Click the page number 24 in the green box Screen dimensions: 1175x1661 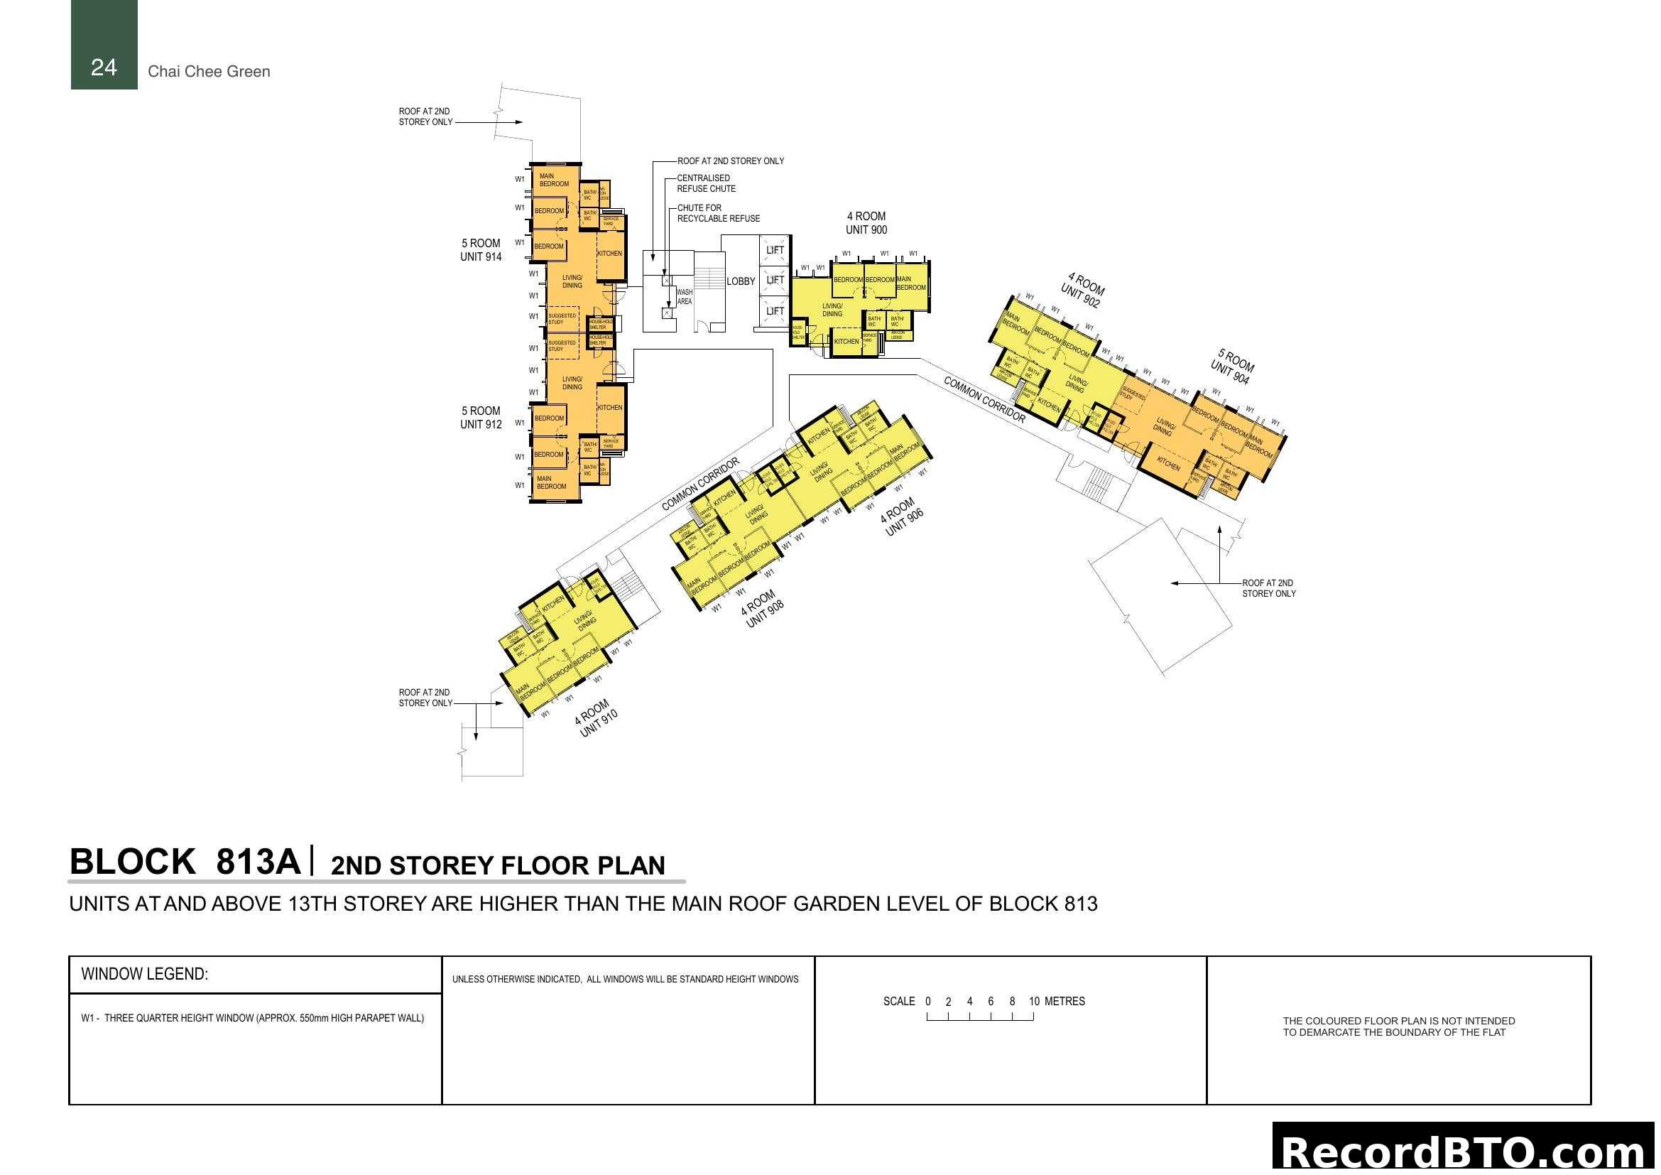point(104,67)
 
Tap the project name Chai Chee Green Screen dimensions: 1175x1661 point(208,72)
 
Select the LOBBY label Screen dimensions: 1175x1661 point(740,281)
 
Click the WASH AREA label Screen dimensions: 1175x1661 point(684,297)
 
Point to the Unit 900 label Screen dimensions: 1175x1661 point(866,223)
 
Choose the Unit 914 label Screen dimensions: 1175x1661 point(480,249)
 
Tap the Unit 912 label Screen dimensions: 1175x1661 point(480,418)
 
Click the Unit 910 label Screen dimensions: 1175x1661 point(596,718)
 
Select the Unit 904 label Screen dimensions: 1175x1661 point(1231,367)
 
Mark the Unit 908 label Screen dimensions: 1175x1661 point(762,610)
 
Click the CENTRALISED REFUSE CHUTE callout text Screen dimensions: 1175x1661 point(705,183)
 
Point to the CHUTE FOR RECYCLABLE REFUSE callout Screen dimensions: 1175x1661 point(718,212)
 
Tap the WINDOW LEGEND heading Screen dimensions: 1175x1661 point(144,974)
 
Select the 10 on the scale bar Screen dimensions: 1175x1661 point(1034,1002)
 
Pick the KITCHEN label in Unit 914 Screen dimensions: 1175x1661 point(609,253)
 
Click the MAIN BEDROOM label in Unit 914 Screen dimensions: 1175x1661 point(553,180)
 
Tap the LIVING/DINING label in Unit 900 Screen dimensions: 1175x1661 point(832,310)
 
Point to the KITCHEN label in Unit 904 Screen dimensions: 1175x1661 point(1168,463)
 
